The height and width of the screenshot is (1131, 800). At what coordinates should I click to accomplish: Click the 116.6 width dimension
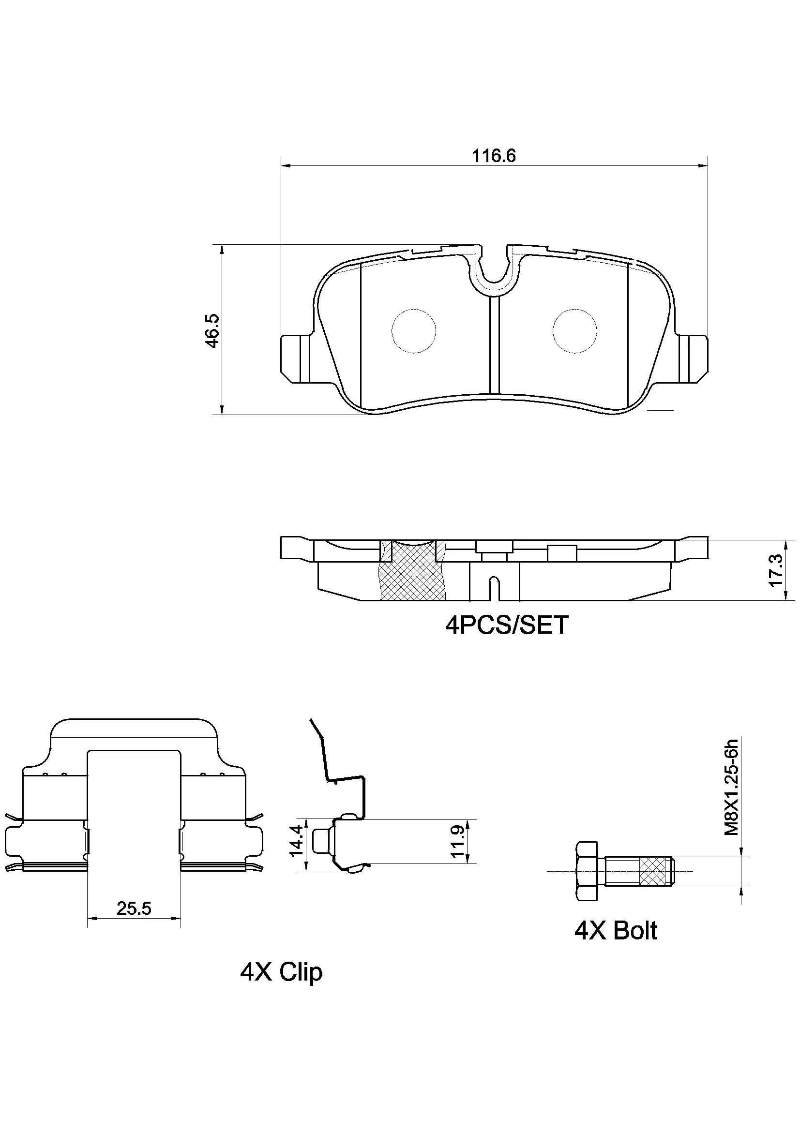[494, 156]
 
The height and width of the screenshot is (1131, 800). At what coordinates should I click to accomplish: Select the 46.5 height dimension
[212, 330]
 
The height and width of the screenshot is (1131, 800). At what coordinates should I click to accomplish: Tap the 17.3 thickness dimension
[775, 570]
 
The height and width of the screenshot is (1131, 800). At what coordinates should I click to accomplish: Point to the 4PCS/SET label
[506, 625]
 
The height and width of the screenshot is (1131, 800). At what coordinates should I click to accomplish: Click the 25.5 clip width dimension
[134, 908]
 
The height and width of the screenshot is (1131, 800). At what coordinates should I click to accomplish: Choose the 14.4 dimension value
[296, 840]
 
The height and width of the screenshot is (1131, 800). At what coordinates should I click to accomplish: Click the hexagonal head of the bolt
[586, 871]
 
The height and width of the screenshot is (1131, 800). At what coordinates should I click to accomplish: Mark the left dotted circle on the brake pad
[414, 331]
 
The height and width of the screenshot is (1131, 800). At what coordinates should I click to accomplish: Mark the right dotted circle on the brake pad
[575, 331]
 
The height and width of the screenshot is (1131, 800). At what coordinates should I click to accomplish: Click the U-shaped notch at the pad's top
[494, 268]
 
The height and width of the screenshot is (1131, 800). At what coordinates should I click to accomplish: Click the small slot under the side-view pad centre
[495, 589]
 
